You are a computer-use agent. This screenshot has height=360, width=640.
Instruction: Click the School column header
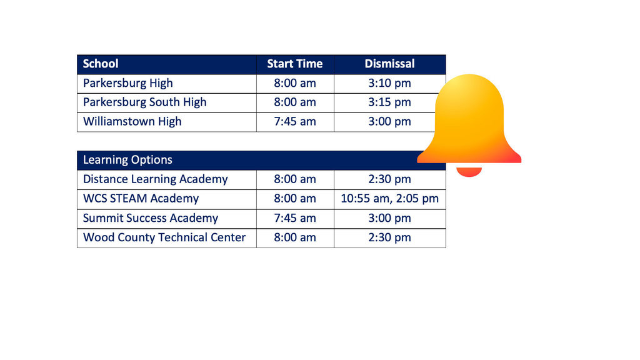coord(101,64)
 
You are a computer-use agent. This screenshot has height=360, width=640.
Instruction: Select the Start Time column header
coord(295,64)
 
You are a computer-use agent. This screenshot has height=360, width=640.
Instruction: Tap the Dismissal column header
coord(389,64)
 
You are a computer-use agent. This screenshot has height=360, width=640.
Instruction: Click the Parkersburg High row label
coord(127,83)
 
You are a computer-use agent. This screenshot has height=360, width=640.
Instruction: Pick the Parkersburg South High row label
coord(144,102)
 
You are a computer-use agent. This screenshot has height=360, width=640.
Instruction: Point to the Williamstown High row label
coord(132,122)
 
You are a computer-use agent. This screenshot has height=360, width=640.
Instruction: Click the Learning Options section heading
coord(127,160)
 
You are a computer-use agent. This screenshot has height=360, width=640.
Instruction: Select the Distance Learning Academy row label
coord(155,179)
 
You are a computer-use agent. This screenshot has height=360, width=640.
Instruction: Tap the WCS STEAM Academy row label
coord(141,199)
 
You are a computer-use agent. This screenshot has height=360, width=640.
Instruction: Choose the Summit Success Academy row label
coord(150,218)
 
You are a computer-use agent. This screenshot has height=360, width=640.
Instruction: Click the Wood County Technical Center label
coord(164,237)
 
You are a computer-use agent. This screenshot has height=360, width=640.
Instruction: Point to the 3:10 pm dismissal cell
coord(389,83)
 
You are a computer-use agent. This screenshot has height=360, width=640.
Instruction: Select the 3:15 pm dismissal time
coord(389,102)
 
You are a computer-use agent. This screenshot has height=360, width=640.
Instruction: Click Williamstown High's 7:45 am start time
coord(295,122)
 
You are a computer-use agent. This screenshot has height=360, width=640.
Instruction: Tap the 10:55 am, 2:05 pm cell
coord(389,199)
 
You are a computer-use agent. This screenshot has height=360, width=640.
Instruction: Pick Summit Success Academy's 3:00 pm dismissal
coord(389,218)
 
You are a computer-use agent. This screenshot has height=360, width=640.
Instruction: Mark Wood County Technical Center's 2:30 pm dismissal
coord(389,237)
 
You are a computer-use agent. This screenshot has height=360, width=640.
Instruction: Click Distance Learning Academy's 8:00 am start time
coord(295,179)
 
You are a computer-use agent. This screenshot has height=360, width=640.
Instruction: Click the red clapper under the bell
coord(469,172)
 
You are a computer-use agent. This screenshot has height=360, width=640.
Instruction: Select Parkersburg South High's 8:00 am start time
coord(295,102)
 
